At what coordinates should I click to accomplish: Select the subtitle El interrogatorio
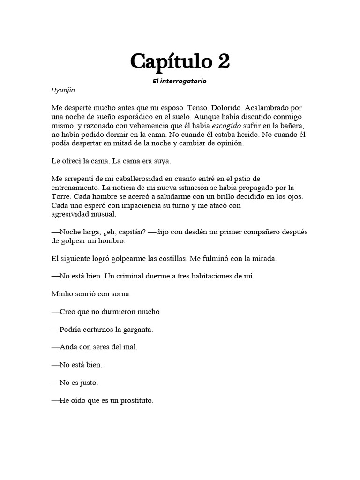[x=180, y=81]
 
